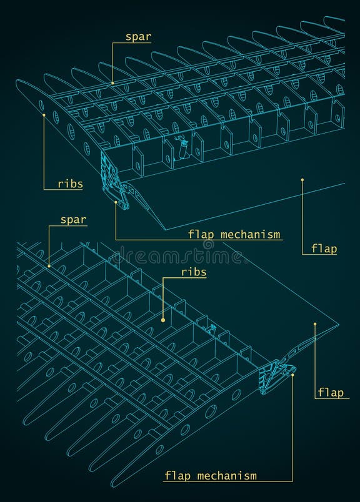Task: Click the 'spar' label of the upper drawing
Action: (x=138, y=37)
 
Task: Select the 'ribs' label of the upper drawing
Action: (x=70, y=184)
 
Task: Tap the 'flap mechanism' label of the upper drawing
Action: (x=235, y=235)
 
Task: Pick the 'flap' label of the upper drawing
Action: (x=324, y=249)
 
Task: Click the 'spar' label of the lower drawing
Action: (x=73, y=220)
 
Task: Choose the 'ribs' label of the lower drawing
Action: (x=194, y=272)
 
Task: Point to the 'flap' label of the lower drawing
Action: (x=330, y=392)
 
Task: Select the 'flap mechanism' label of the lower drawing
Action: (x=211, y=476)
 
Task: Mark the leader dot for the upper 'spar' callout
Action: (x=112, y=82)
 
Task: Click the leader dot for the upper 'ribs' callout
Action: (x=44, y=114)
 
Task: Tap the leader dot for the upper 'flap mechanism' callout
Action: (x=116, y=202)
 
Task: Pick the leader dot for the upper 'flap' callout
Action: (x=302, y=180)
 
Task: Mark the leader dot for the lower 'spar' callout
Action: (x=49, y=266)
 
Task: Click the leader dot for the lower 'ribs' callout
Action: (x=162, y=320)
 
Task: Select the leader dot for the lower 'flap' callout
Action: (x=315, y=324)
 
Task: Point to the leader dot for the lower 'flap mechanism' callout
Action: (x=292, y=375)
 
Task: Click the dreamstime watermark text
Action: (x=180, y=255)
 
